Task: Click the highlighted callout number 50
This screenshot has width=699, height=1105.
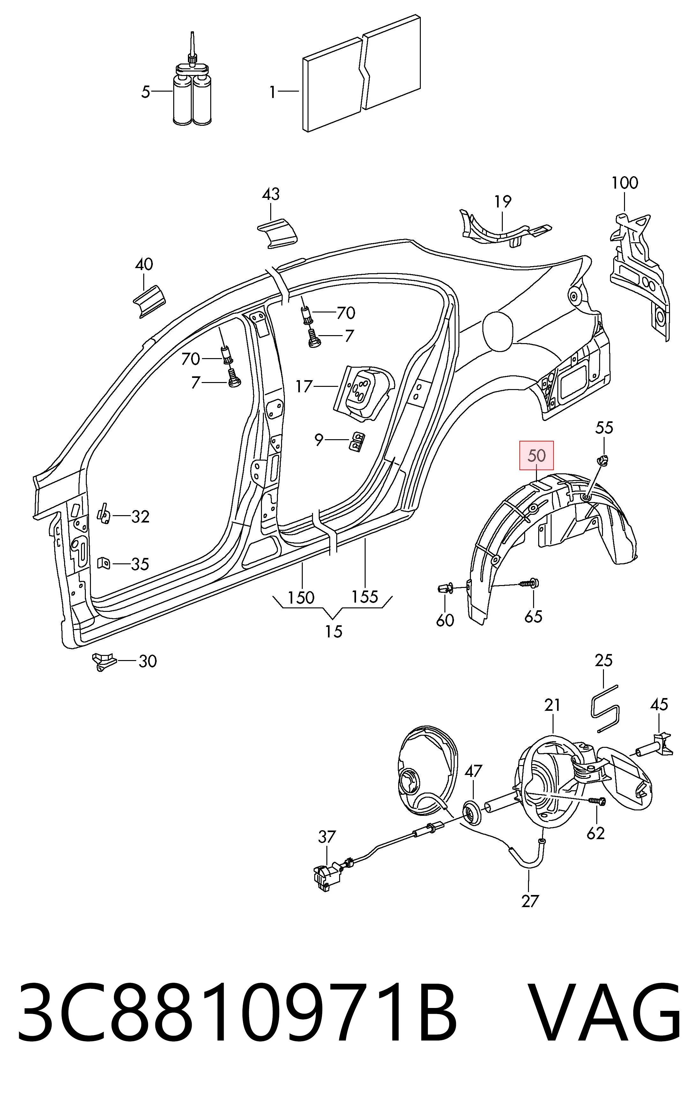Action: (x=536, y=456)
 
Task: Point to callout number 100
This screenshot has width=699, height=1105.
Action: (x=625, y=183)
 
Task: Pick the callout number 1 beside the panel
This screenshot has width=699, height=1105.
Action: (x=272, y=93)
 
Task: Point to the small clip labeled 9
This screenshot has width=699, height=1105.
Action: (x=357, y=441)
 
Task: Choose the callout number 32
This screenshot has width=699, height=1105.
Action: (x=140, y=517)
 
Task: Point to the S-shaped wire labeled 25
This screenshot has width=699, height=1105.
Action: (x=605, y=707)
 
